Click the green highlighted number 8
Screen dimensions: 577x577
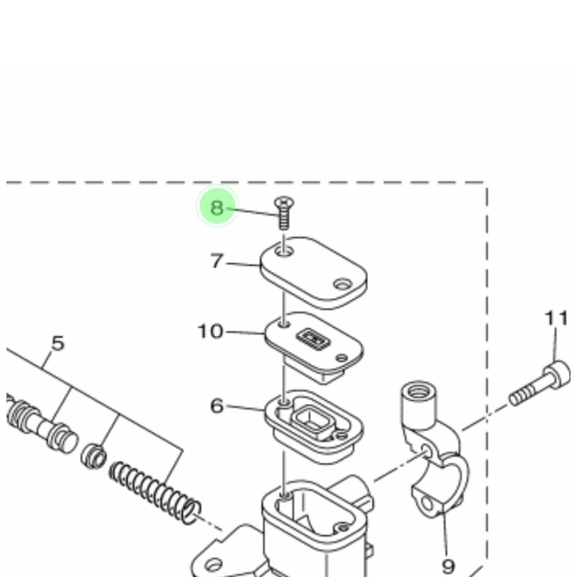point(217,208)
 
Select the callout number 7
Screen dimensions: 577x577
point(217,261)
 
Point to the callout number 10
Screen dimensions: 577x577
point(210,331)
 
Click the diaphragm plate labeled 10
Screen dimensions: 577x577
point(314,346)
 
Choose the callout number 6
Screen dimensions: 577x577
point(217,406)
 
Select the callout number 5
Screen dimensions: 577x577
point(58,344)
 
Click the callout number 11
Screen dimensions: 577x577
point(556,318)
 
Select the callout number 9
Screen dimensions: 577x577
point(448,566)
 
